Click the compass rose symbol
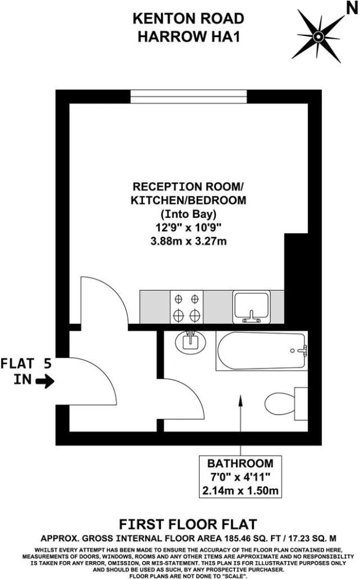(x=318, y=36)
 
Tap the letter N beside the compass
(x=352, y=8)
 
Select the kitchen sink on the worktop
(x=251, y=307)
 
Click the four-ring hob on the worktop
(x=186, y=307)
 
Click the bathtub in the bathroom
(x=262, y=351)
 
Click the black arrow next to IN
(x=45, y=381)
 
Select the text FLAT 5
(x=26, y=364)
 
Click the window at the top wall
(x=188, y=97)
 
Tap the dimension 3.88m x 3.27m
(x=189, y=241)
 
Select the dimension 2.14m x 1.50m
(x=240, y=491)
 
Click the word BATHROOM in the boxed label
(x=240, y=463)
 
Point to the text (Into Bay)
(x=189, y=214)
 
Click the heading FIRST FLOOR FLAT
(x=188, y=525)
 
